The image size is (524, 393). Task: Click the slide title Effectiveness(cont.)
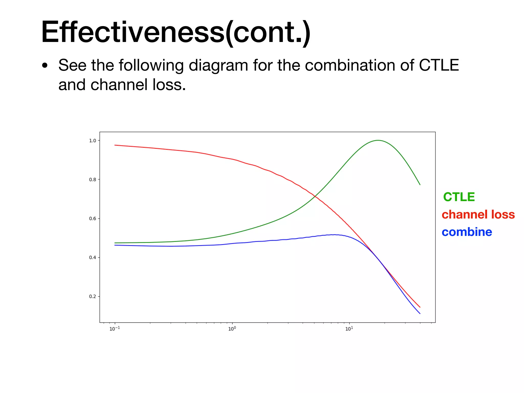[x=176, y=32]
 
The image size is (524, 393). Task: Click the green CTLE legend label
[x=459, y=197]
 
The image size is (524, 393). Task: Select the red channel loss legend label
[x=478, y=214]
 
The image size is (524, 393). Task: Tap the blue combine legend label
[x=467, y=232]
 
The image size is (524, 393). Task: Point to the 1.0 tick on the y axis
[x=93, y=140]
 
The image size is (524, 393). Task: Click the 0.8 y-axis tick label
[x=93, y=180]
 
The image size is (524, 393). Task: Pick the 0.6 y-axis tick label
[x=93, y=219]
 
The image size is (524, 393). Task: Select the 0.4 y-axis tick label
[x=93, y=257]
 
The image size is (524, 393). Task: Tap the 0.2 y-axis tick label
[x=93, y=297]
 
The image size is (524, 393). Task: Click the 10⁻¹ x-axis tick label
[x=114, y=329]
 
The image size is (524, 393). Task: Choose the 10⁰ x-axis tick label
[x=232, y=329]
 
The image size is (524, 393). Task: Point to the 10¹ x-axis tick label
[x=349, y=329]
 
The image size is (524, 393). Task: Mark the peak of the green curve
[x=378, y=140]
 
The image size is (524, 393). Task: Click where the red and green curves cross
[x=315, y=196]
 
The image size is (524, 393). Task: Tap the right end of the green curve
[x=420, y=184]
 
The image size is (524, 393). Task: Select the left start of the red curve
[x=115, y=145]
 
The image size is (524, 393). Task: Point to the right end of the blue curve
[x=420, y=313]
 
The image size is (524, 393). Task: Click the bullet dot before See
[x=45, y=65]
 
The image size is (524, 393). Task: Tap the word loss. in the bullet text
[x=169, y=85]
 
